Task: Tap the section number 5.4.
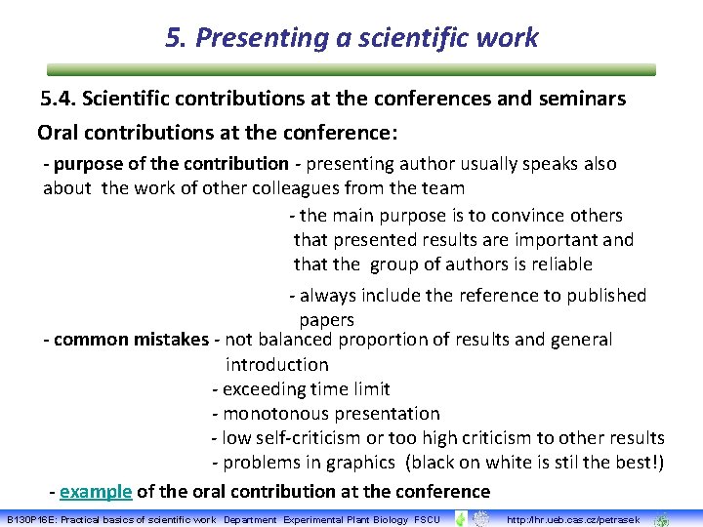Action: [60, 99]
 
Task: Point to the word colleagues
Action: [301, 187]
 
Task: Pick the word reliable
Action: [558, 264]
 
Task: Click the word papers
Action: [326, 320]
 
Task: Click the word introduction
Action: [277, 365]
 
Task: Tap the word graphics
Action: [361, 463]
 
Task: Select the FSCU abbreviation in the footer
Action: [428, 519]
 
